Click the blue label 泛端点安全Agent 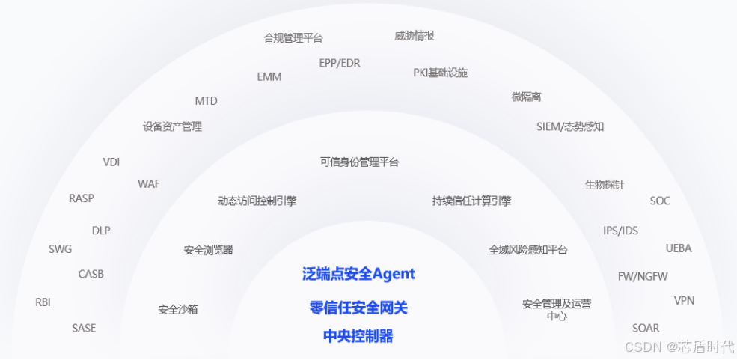[x=358, y=274]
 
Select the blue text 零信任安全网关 [x=358, y=308]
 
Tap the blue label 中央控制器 [x=358, y=336]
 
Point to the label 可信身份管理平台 [x=359, y=162]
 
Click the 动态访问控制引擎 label [x=257, y=201]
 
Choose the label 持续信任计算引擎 [x=471, y=201]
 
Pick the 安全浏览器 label [x=209, y=250]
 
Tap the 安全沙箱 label [x=178, y=309]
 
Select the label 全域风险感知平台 [x=528, y=250]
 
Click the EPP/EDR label [x=340, y=63]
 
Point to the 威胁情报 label [x=415, y=36]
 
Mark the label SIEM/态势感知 [x=570, y=126]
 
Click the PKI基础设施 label [x=441, y=73]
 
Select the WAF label [x=149, y=183]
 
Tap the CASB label [x=91, y=274]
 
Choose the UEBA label [x=679, y=248]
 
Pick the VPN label [x=684, y=301]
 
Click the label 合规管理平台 [x=293, y=38]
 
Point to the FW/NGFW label [x=643, y=276]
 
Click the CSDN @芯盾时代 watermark [x=679, y=347]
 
